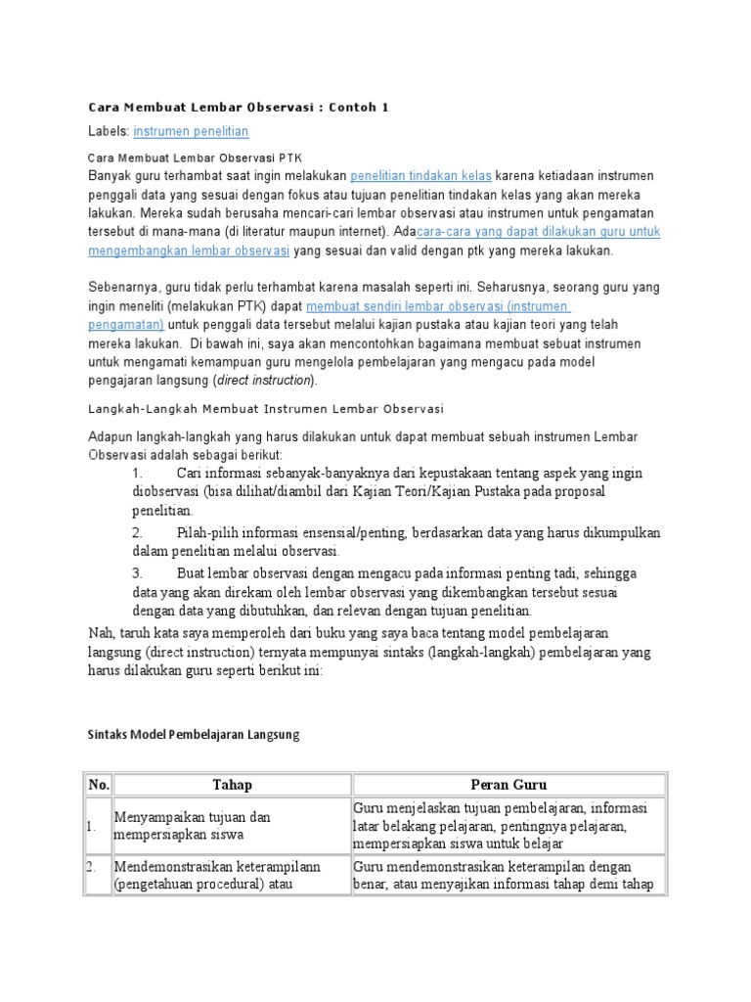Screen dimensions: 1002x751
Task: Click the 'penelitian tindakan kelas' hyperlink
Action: click(x=420, y=176)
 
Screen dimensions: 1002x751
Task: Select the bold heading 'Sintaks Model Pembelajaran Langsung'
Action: click(x=194, y=735)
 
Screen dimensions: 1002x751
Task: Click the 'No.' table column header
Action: click(x=99, y=784)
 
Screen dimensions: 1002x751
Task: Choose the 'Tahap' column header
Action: click(x=232, y=784)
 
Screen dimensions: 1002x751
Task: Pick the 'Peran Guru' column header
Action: click(x=508, y=784)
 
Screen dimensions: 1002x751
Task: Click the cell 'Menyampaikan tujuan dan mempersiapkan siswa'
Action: click(x=193, y=826)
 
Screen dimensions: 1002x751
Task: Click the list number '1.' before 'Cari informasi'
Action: click(x=137, y=474)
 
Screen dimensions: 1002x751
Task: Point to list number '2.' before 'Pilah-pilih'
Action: click(x=138, y=533)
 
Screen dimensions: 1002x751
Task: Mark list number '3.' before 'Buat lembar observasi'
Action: click(x=138, y=573)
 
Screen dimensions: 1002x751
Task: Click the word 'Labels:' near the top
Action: click(x=109, y=131)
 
